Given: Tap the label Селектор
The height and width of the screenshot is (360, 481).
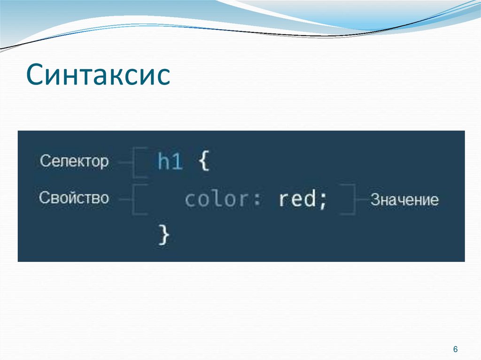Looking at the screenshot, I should tap(74, 161).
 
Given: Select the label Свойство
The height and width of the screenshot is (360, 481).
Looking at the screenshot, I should tap(74, 198).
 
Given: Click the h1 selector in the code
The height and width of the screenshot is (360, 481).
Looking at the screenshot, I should tap(170, 162).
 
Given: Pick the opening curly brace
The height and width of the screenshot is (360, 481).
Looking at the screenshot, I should tap(202, 162).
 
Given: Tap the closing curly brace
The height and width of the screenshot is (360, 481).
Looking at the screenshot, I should tap(163, 233).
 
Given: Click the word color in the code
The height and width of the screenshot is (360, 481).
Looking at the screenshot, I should tap(216, 199).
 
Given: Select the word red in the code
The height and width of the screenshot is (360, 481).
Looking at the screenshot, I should tap(297, 199).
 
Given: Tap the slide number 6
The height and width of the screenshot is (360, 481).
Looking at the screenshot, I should tap(455, 350).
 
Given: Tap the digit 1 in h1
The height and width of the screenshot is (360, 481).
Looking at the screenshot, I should tap(177, 162).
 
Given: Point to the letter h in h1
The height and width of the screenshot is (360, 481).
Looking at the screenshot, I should tap(163, 162).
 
